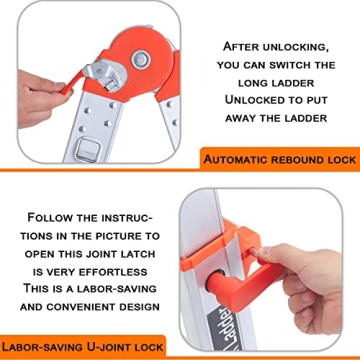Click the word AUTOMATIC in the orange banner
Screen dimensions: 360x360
coord(242,160)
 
